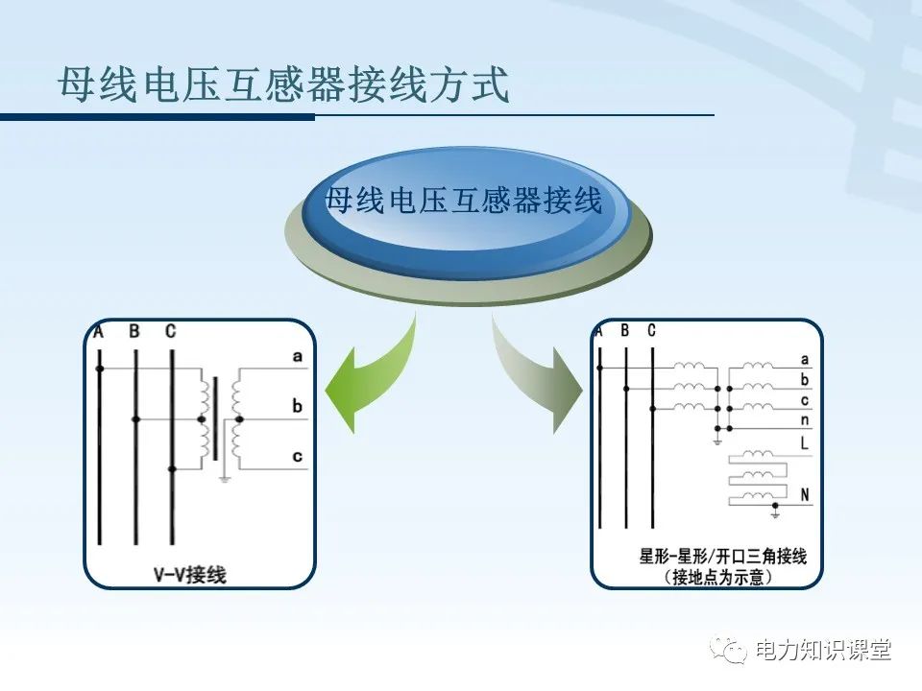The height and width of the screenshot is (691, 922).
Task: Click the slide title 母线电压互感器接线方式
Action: click(283, 85)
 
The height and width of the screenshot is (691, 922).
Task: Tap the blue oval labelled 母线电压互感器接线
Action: click(465, 203)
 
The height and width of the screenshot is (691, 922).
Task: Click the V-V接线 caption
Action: click(190, 575)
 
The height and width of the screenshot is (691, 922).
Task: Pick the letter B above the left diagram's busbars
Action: click(134, 332)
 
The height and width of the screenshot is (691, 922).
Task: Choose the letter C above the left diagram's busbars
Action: click(170, 332)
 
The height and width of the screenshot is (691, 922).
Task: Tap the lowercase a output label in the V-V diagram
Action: click(298, 357)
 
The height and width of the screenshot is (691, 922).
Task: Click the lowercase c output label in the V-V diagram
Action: click(298, 457)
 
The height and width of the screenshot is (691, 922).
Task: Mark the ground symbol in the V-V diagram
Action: click(224, 476)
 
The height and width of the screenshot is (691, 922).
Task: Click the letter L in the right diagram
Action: click(804, 444)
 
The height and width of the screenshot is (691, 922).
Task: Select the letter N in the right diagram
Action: click(804, 494)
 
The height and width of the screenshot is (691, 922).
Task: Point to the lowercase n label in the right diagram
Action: click(804, 420)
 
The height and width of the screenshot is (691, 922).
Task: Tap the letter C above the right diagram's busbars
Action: click(651, 331)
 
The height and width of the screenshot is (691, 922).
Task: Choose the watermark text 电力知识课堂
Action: click(823, 651)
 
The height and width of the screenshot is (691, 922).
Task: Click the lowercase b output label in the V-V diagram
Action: click(298, 407)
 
